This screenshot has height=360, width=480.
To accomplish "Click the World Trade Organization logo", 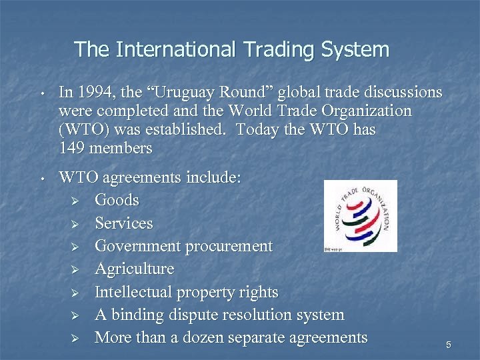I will tap(360, 215).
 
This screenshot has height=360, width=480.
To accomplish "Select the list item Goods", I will tap(117, 200).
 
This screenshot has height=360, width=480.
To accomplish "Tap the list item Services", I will tap(123, 223).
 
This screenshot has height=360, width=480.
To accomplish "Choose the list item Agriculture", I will tap(134, 269).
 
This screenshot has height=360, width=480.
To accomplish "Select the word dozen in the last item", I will tap(206, 337).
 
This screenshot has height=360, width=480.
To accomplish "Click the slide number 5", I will tap(449, 345).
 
